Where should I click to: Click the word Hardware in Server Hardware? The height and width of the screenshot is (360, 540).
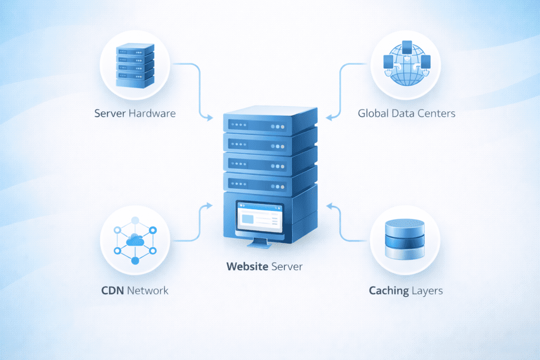[x=152, y=113]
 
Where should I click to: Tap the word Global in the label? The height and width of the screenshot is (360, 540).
[x=373, y=113]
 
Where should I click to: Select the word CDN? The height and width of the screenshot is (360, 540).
[x=112, y=290]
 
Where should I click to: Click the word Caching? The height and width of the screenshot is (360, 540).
[x=387, y=290]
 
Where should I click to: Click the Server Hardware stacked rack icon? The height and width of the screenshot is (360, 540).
[x=135, y=65]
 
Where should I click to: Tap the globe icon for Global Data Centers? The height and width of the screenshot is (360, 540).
[x=405, y=66]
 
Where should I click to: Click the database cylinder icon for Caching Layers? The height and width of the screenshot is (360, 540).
[x=405, y=240]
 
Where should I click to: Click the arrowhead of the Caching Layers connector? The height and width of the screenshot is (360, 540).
[x=329, y=204]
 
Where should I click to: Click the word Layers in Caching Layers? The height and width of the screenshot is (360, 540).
[x=428, y=290]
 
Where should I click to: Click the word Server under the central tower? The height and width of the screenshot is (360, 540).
[x=287, y=267]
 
